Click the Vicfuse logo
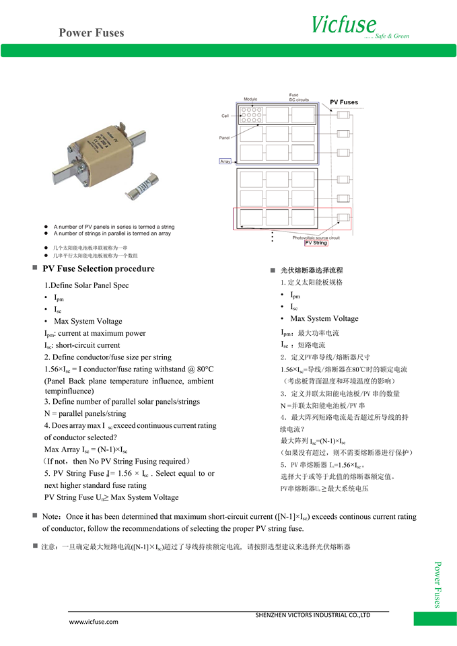coord(343,25)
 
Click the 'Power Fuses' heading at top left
coord(91,32)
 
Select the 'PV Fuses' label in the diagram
coord(344,102)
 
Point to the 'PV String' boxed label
coord(316,243)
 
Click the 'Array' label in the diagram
coord(225,161)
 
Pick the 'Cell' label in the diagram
coord(225,116)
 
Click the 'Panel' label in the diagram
coord(225,137)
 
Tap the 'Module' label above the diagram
coord(250,99)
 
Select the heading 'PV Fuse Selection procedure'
coord(98,269)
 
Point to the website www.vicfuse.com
coord(94,622)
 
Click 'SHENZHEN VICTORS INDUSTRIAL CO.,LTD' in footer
coord(313,615)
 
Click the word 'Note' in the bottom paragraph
coord(52,517)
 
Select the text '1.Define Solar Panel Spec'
coord(86,285)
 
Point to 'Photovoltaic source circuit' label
coord(316,237)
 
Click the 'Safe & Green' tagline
coord(392,36)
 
